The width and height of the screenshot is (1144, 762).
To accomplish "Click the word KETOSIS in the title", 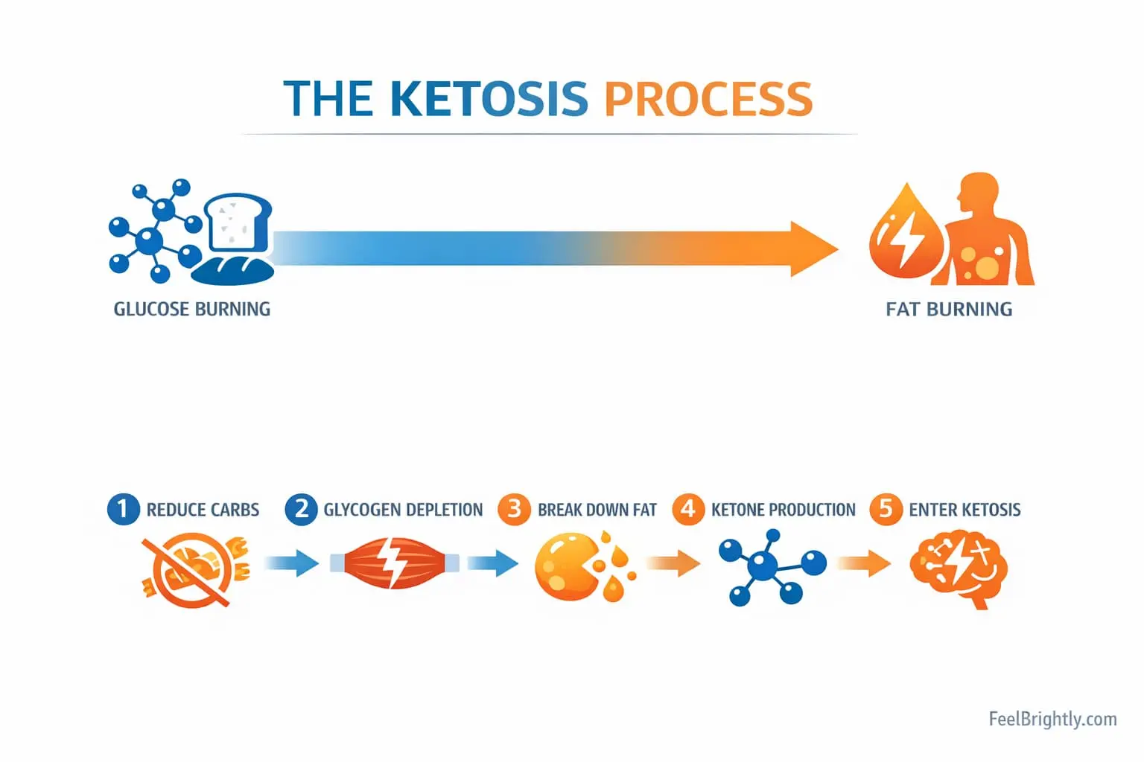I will pyautogui.click(x=489, y=99).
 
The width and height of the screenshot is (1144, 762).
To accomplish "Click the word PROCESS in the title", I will pyautogui.click(x=708, y=99).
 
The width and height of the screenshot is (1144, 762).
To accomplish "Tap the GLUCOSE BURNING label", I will pyautogui.click(x=191, y=309).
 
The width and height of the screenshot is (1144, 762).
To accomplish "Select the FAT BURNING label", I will pyautogui.click(x=949, y=309).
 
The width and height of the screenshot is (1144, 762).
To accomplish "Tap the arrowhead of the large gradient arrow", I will pyautogui.click(x=812, y=249).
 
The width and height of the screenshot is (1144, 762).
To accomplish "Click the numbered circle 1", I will pyautogui.click(x=123, y=509).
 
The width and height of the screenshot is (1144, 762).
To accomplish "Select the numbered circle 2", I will pyautogui.click(x=301, y=509).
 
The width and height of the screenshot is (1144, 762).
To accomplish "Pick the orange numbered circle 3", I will pyautogui.click(x=514, y=509).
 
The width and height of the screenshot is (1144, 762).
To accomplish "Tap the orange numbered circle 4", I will pyautogui.click(x=688, y=509).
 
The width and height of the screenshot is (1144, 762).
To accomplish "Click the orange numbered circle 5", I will pyautogui.click(x=886, y=509).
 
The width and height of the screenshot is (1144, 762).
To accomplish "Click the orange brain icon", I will pyautogui.click(x=959, y=568).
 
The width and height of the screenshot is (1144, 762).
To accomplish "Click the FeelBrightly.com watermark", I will pyautogui.click(x=1052, y=719).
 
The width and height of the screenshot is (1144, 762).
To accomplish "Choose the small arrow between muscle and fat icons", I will pyautogui.click(x=492, y=563).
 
